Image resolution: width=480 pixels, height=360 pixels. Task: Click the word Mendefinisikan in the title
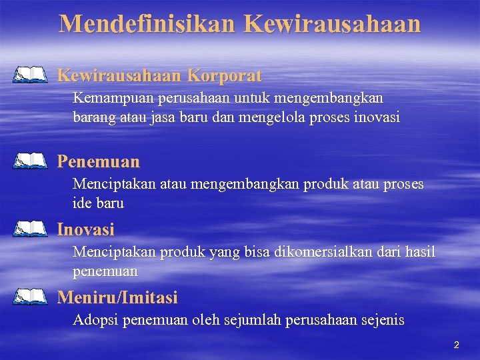point(147,23)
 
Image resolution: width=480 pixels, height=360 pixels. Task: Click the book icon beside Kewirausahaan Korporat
point(30,75)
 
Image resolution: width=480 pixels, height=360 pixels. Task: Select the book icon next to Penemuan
point(30,161)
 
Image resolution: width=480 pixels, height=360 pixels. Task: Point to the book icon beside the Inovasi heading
point(30,229)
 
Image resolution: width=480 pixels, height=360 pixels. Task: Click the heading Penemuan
point(99,161)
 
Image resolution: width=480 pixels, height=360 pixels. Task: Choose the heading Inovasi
point(86,230)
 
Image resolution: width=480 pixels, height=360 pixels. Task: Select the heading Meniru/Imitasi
point(117,297)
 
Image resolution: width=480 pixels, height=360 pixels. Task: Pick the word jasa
point(163,118)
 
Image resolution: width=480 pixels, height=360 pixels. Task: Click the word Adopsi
point(92,320)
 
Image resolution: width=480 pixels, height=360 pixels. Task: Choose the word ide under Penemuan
point(82,203)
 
